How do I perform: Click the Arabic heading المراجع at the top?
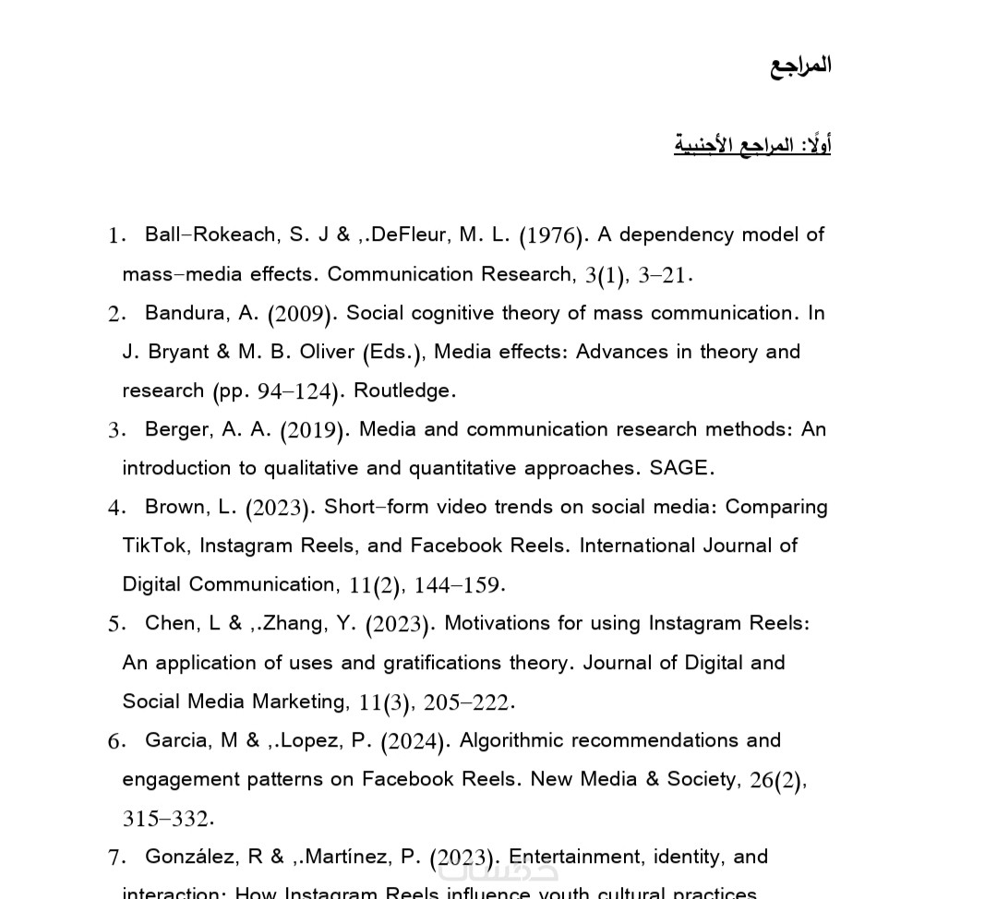pos(800,66)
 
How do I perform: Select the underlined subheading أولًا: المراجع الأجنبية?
pos(752,145)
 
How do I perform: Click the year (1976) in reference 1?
pos(552,235)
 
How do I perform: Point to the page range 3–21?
pos(664,275)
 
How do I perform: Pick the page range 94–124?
pos(294,391)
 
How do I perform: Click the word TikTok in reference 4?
pos(155,545)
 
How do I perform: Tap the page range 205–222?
pos(466,702)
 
